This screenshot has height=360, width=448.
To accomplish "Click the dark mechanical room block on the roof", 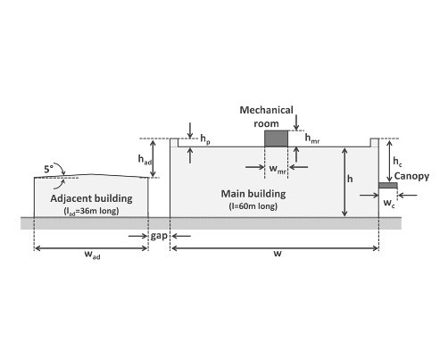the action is click(277, 138).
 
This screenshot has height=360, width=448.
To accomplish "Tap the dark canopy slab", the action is click(388, 186).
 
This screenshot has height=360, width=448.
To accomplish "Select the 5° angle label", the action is click(49, 169).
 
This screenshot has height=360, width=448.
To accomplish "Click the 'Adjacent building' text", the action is click(91, 198).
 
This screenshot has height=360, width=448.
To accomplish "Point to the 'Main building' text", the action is click(253, 194).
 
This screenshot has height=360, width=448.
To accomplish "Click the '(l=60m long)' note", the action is click(253, 206).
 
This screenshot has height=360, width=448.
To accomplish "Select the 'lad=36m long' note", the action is click(91, 211).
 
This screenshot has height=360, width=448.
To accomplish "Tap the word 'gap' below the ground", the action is click(159, 236).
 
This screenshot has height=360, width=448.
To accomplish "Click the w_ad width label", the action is click(92, 255).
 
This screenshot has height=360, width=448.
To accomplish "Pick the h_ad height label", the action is click(145, 160).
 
